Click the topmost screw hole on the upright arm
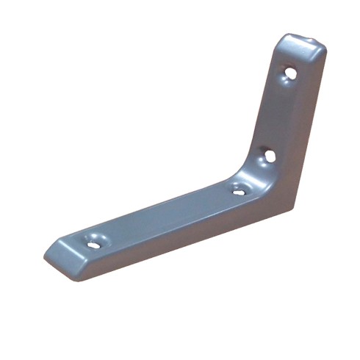click(290, 73)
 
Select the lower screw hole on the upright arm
click(270, 156)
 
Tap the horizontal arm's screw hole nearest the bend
click(239, 191)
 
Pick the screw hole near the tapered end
click(93, 243)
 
